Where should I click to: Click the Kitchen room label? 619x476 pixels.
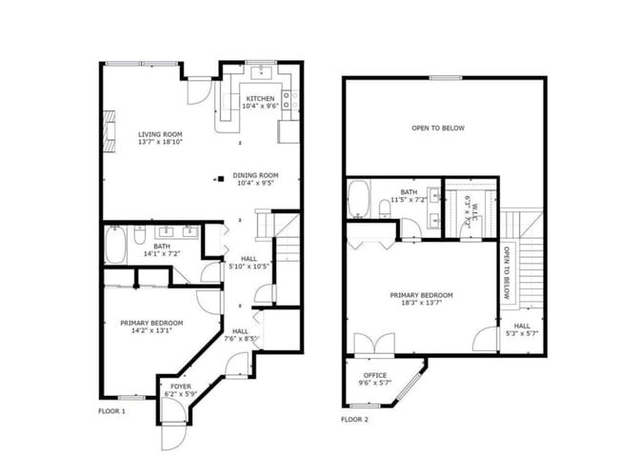click(260, 98)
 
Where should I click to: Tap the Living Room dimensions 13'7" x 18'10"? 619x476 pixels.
click(160, 142)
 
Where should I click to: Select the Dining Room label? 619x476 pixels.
click(255, 175)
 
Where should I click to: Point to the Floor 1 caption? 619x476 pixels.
click(111, 411)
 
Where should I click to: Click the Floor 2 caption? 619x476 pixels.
click(354, 420)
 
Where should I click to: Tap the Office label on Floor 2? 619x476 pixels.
click(375, 375)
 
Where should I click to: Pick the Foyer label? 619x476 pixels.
click(181, 387)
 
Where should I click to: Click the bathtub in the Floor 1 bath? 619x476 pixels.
click(115, 245)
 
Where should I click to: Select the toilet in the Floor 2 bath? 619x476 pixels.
click(385, 208)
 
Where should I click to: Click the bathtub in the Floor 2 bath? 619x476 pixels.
click(358, 199)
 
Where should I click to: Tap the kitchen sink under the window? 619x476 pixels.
click(261, 72)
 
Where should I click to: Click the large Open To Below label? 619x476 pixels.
click(438, 128)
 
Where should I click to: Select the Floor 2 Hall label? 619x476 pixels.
click(522, 326)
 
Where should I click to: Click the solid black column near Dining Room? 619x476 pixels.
click(221, 179)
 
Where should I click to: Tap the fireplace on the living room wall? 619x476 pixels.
click(110, 131)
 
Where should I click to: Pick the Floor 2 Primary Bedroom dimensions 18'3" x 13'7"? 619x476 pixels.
click(421, 303)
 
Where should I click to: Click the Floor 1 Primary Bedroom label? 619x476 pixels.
click(151, 324)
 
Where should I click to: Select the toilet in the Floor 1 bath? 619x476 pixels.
click(139, 235)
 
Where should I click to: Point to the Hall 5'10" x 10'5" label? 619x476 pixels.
click(250, 263)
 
